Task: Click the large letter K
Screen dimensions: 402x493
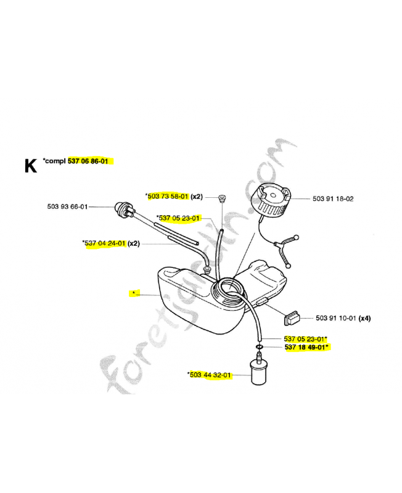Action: click(31, 165)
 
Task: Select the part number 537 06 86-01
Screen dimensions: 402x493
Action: click(88, 161)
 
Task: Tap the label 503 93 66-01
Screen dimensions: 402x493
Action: click(67, 206)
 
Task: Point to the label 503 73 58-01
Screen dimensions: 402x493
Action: click(168, 197)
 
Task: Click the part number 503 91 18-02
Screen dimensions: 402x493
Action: click(333, 198)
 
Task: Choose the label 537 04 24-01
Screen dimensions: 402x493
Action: click(105, 243)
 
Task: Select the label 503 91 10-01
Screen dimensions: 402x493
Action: click(336, 318)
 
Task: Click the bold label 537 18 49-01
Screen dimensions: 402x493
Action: click(305, 347)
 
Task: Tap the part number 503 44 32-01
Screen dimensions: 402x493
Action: click(210, 375)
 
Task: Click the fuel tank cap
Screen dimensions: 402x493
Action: click(271, 199)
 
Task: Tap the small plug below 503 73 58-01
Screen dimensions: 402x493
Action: click(223, 198)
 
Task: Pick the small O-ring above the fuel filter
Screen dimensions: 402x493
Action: click(260, 347)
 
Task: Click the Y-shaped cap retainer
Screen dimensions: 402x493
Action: click(285, 249)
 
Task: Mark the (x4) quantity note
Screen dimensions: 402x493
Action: click(365, 318)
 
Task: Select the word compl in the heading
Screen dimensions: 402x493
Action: click(55, 161)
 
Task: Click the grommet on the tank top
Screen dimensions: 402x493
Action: click(207, 269)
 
